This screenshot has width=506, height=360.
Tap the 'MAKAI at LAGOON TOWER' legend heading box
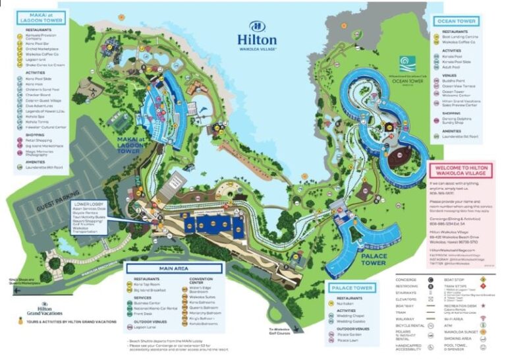tap(41, 17)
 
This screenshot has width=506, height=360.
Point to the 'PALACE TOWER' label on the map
tap(372, 258)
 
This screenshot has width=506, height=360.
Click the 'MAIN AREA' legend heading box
tap(173, 268)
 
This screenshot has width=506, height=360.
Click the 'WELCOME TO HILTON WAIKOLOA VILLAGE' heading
tap(459, 171)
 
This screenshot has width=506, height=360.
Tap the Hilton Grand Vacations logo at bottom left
tap(45, 309)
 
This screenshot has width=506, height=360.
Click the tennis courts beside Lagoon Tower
tap(120, 123)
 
